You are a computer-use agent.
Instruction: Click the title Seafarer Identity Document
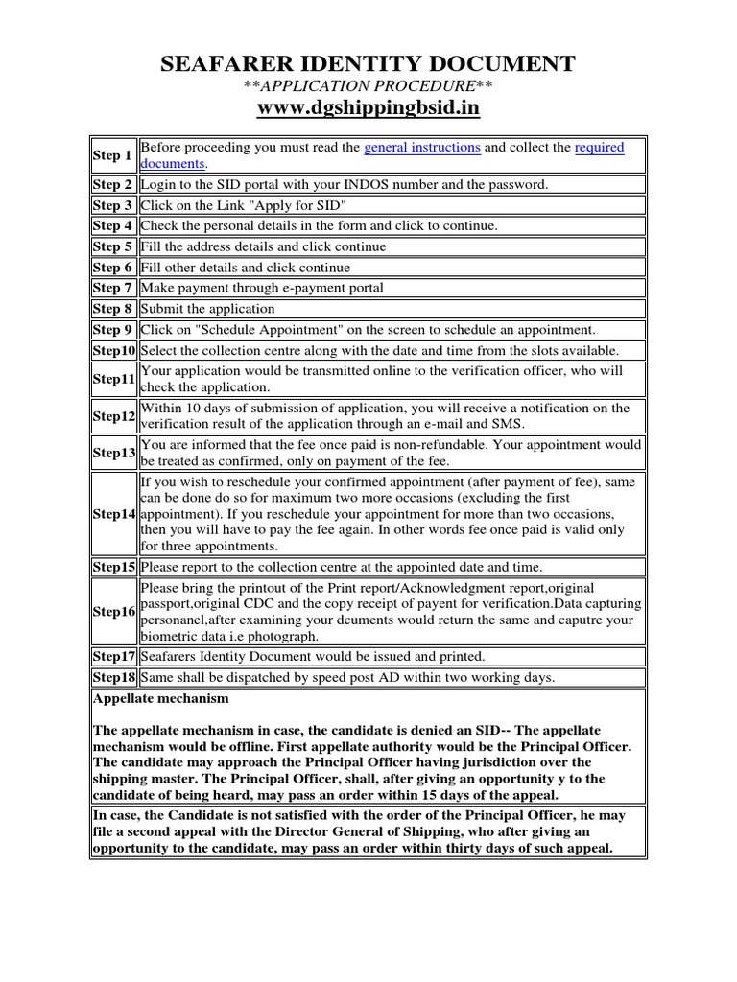point(368,65)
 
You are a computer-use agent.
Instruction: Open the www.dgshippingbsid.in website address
point(368,108)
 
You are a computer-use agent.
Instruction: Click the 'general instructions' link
point(422,148)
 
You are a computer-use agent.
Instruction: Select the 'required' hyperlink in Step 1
point(599,148)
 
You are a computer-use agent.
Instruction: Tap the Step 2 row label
point(112,185)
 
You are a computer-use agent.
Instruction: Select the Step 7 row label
point(112,288)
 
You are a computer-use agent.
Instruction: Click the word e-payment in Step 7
point(300,288)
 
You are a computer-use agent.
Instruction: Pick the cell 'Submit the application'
point(207,309)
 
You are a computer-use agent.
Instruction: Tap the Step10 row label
point(113,350)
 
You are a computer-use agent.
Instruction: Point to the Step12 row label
point(113,416)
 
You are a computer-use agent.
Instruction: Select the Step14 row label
point(113,514)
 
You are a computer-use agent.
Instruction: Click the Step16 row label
point(113,611)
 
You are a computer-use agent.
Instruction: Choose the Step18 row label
point(113,677)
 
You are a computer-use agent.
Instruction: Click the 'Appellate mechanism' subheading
point(161,699)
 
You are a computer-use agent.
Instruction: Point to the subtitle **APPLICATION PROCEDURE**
point(368,87)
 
